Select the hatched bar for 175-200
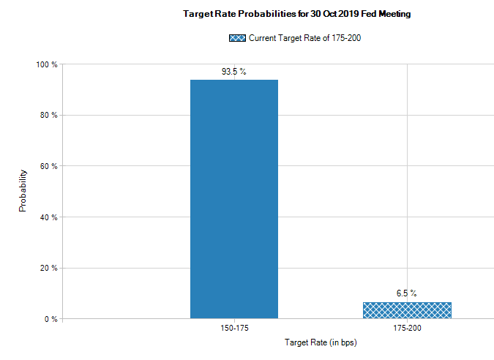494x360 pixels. pyautogui.click(x=407, y=310)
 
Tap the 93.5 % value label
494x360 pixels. pyautogui.click(x=234, y=72)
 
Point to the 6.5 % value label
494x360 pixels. pyautogui.click(x=407, y=293)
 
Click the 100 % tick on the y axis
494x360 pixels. pyautogui.click(x=48, y=64)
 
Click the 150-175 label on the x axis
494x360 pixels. pyautogui.click(x=234, y=329)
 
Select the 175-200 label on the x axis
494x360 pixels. pyautogui.click(x=407, y=329)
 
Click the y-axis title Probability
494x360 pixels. pyautogui.click(x=23, y=192)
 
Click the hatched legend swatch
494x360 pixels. pyautogui.click(x=237, y=38)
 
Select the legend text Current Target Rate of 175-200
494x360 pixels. pyautogui.click(x=305, y=38)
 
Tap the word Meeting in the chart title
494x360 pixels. pyautogui.click(x=395, y=14)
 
